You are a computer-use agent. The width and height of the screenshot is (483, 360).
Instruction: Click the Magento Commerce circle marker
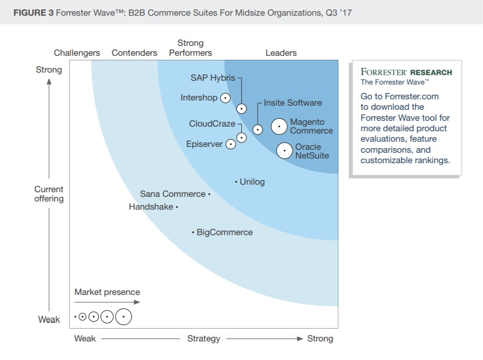(280, 126)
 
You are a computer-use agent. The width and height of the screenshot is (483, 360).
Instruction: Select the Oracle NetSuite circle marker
(284, 151)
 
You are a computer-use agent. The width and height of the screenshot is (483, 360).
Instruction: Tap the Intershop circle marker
(224, 98)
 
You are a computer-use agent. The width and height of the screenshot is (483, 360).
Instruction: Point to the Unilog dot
(236, 182)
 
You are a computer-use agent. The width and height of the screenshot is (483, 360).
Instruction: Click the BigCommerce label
(225, 232)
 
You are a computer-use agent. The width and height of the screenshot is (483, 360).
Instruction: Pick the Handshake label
(151, 207)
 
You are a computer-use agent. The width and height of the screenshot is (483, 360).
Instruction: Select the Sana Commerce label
(173, 194)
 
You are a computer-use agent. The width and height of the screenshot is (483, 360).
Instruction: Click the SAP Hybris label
(212, 78)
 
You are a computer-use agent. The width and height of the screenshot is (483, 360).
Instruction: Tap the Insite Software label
(292, 103)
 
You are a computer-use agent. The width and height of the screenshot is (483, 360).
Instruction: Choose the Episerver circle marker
(231, 144)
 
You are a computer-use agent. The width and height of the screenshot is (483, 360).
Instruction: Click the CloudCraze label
(212, 124)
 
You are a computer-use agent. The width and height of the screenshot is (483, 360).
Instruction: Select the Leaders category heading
(281, 53)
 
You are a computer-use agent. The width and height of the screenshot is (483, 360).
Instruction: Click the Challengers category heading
(77, 53)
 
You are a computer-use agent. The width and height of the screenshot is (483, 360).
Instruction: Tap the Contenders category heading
(134, 53)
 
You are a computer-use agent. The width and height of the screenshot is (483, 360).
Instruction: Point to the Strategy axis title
(203, 339)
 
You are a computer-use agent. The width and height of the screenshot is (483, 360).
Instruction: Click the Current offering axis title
(49, 194)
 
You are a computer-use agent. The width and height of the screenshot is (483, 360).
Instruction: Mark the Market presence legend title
(107, 292)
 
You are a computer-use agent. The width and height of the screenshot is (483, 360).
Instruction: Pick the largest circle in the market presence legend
(123, 317)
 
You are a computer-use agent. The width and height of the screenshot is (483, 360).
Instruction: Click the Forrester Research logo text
(406, 73)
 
